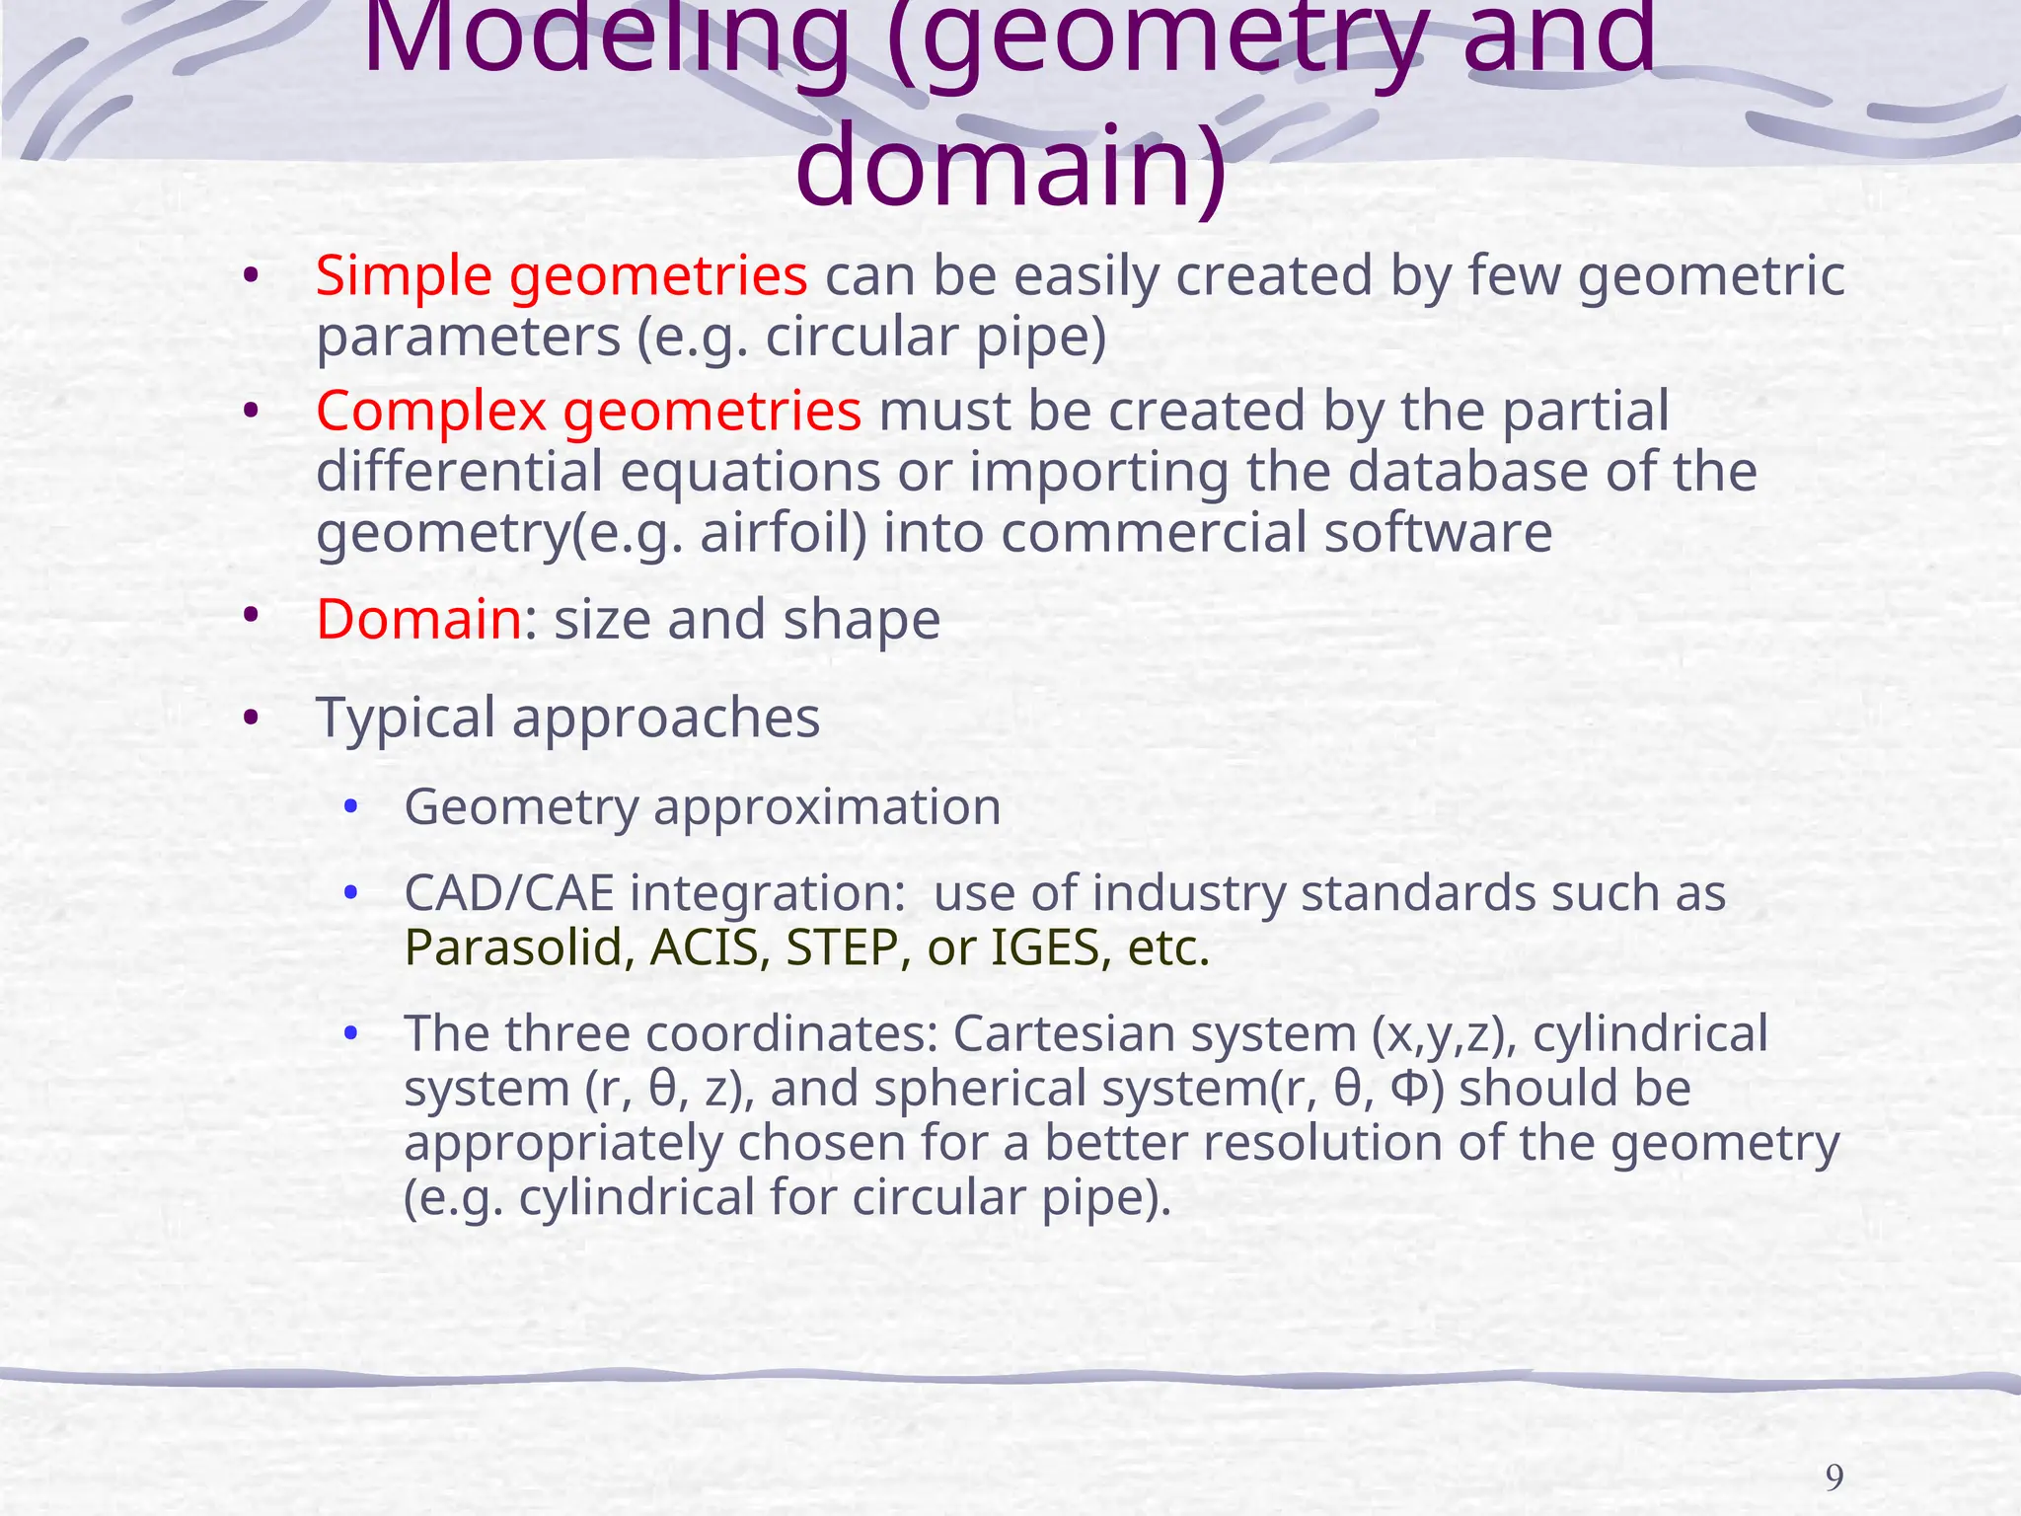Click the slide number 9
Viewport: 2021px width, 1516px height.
[x=1834, y=1478]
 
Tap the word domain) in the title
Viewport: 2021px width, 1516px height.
[x=1010, y=166]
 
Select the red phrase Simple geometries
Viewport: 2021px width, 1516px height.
[x=561, y=275]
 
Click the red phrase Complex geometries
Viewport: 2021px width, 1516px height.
[x=588, y=411]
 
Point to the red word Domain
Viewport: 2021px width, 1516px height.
[x=418, y=620]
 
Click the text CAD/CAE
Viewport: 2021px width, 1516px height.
[x=508, y=893]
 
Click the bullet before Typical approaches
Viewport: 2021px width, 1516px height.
[x=251, y=718]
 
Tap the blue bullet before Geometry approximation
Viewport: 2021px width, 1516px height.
[x=349, y=807]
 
